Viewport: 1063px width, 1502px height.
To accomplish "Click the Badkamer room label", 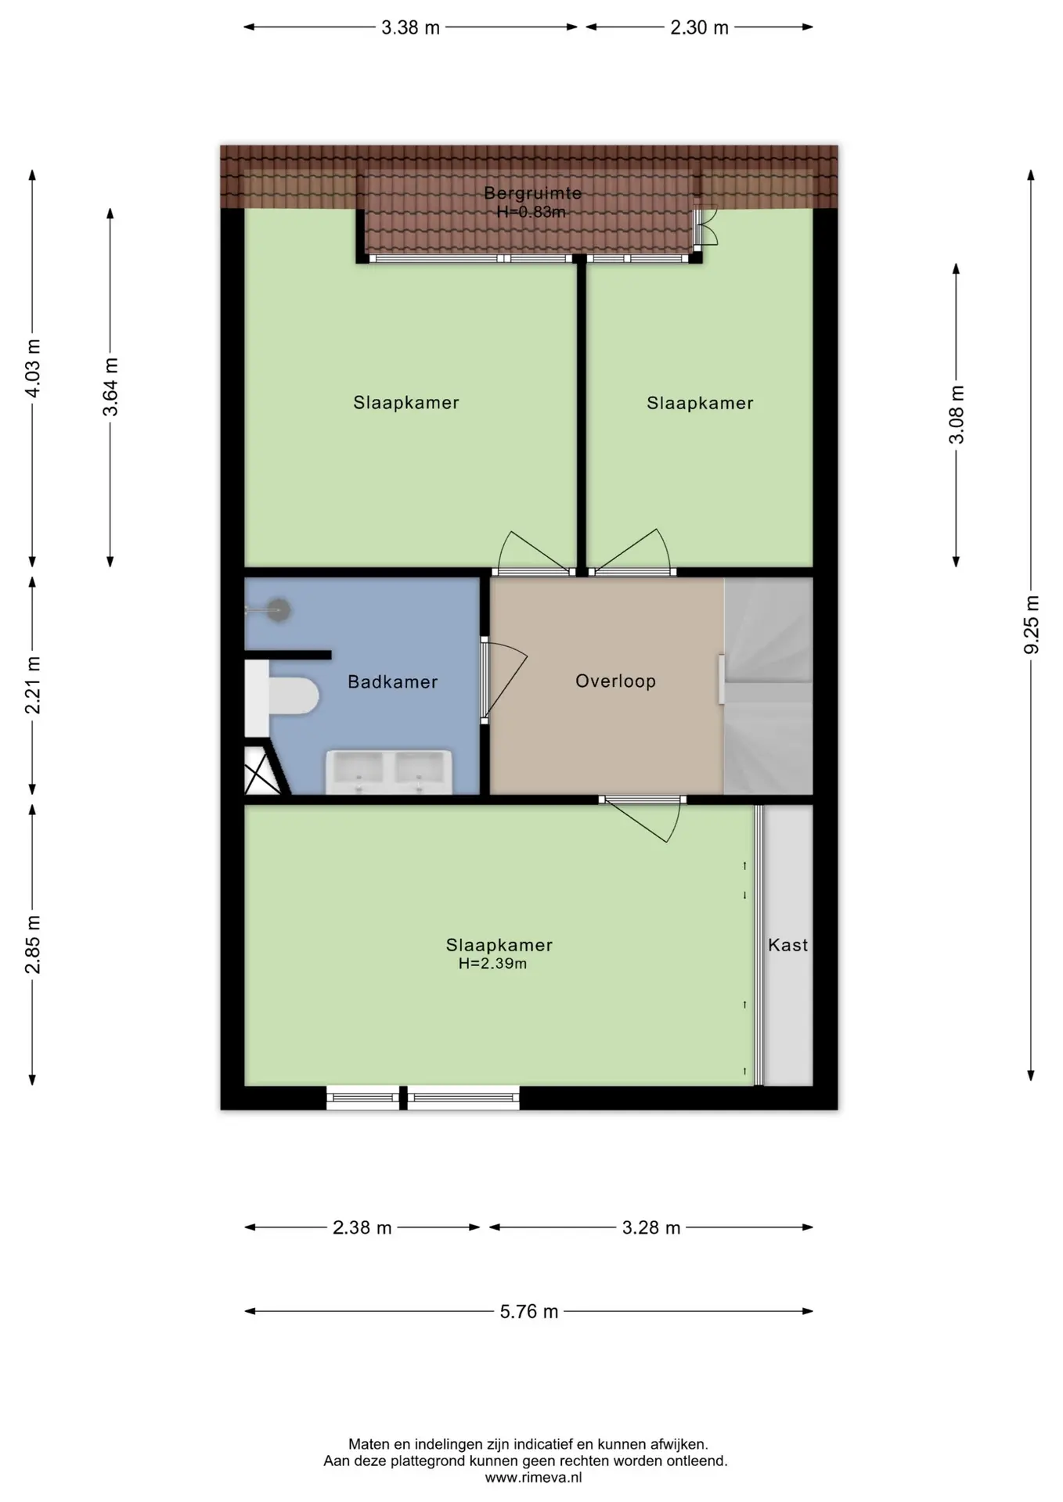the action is [392, 682].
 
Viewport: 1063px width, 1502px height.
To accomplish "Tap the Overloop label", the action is [615, 681].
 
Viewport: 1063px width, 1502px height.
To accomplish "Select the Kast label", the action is [787, 945].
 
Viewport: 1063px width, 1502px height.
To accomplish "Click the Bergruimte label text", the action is [532, 193].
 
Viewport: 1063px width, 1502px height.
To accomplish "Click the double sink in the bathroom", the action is [389, 772].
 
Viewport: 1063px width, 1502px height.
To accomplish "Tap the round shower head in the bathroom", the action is [279, 610].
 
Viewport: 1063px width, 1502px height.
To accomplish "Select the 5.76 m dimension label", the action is [529, 1311].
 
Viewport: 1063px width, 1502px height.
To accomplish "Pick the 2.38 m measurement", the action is [362, 1227].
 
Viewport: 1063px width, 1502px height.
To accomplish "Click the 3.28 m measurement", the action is [651, 1227].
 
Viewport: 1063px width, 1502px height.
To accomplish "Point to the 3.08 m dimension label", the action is [957, 415].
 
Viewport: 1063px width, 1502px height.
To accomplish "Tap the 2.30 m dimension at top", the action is [699, 27].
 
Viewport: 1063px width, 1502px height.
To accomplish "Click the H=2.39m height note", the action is [492, 964].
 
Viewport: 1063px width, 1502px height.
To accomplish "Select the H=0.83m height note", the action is [531, 212].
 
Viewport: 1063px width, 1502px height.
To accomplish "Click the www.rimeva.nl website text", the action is [533, 1478].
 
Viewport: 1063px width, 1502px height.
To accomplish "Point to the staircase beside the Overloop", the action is [768, 685].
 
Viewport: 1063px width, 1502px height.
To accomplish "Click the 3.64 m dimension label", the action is [111, 387].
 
